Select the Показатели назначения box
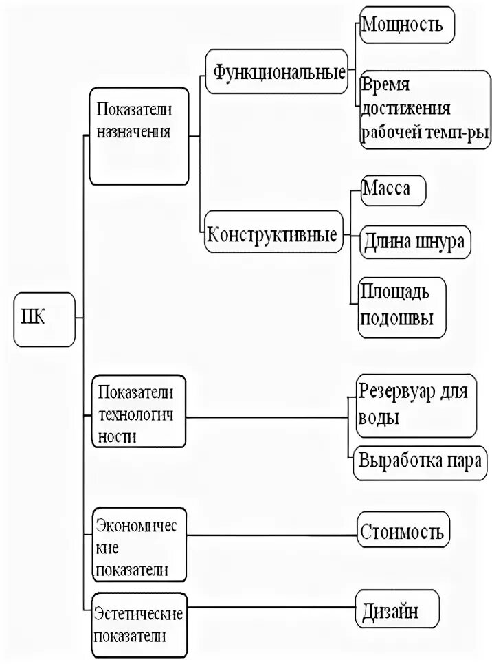point(139,136)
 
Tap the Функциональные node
point(278,71)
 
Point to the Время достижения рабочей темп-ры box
point(425,109)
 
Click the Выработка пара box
point(418,461)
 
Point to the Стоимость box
point(402,531)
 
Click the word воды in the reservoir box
point(379,418)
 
